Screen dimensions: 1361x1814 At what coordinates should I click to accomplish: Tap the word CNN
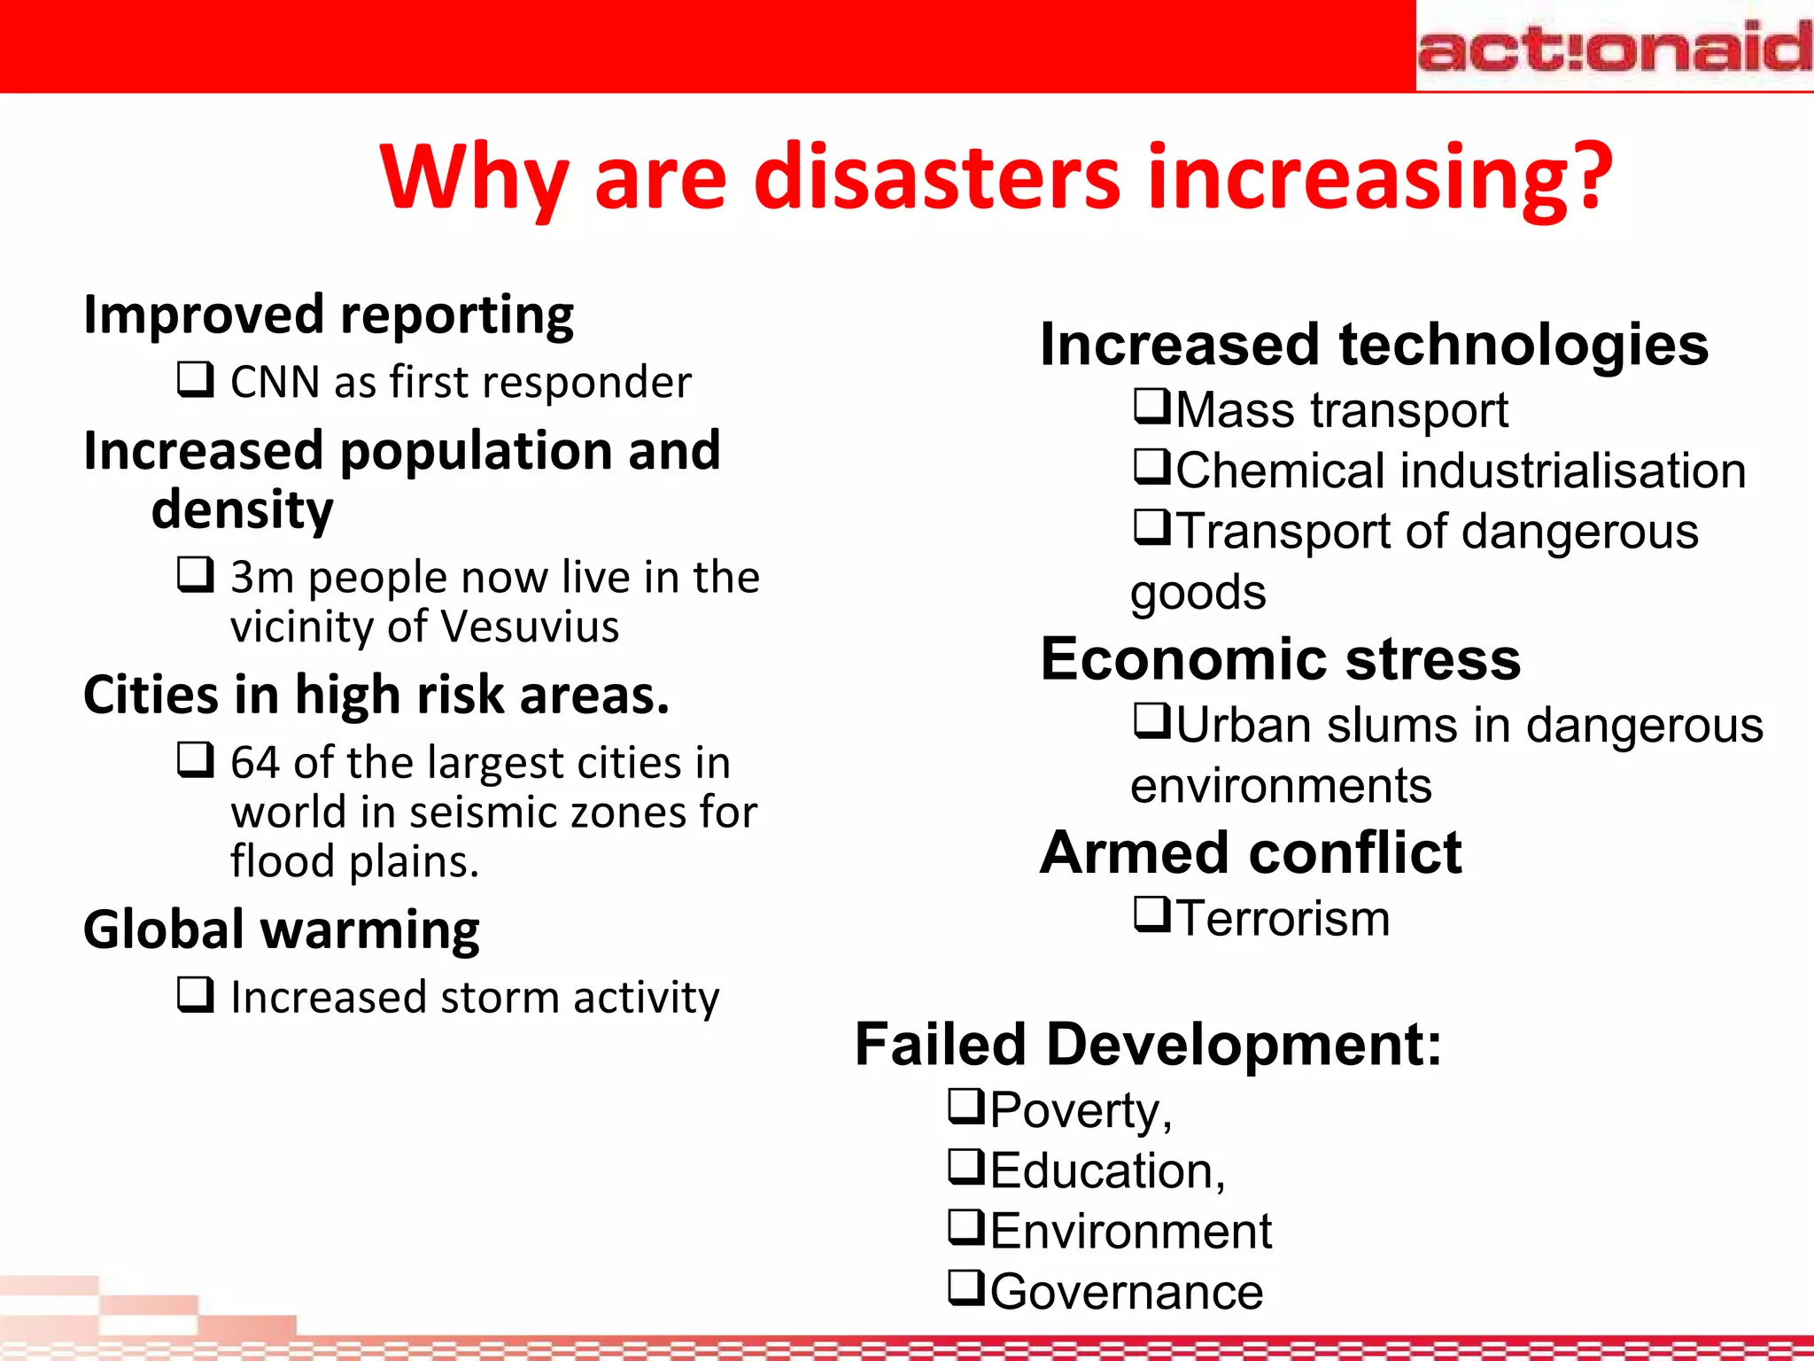coord(275,383)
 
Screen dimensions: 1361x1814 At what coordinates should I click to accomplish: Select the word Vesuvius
coord(529,627)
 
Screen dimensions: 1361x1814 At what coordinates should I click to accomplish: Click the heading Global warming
coord(282,930)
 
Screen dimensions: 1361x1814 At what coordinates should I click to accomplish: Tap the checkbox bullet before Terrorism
coord(1153,914)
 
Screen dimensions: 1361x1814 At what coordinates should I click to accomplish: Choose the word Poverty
coord(1075,1111)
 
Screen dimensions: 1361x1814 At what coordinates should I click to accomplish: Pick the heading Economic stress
coord(1280,660)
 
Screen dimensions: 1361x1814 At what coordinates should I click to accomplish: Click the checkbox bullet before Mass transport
coord(1153,407)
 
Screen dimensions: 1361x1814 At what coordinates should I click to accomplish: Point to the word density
coord(243,511)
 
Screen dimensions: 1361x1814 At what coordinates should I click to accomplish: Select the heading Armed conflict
coord(1251,853)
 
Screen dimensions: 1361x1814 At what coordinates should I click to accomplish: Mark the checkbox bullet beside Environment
coord(966,1227)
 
